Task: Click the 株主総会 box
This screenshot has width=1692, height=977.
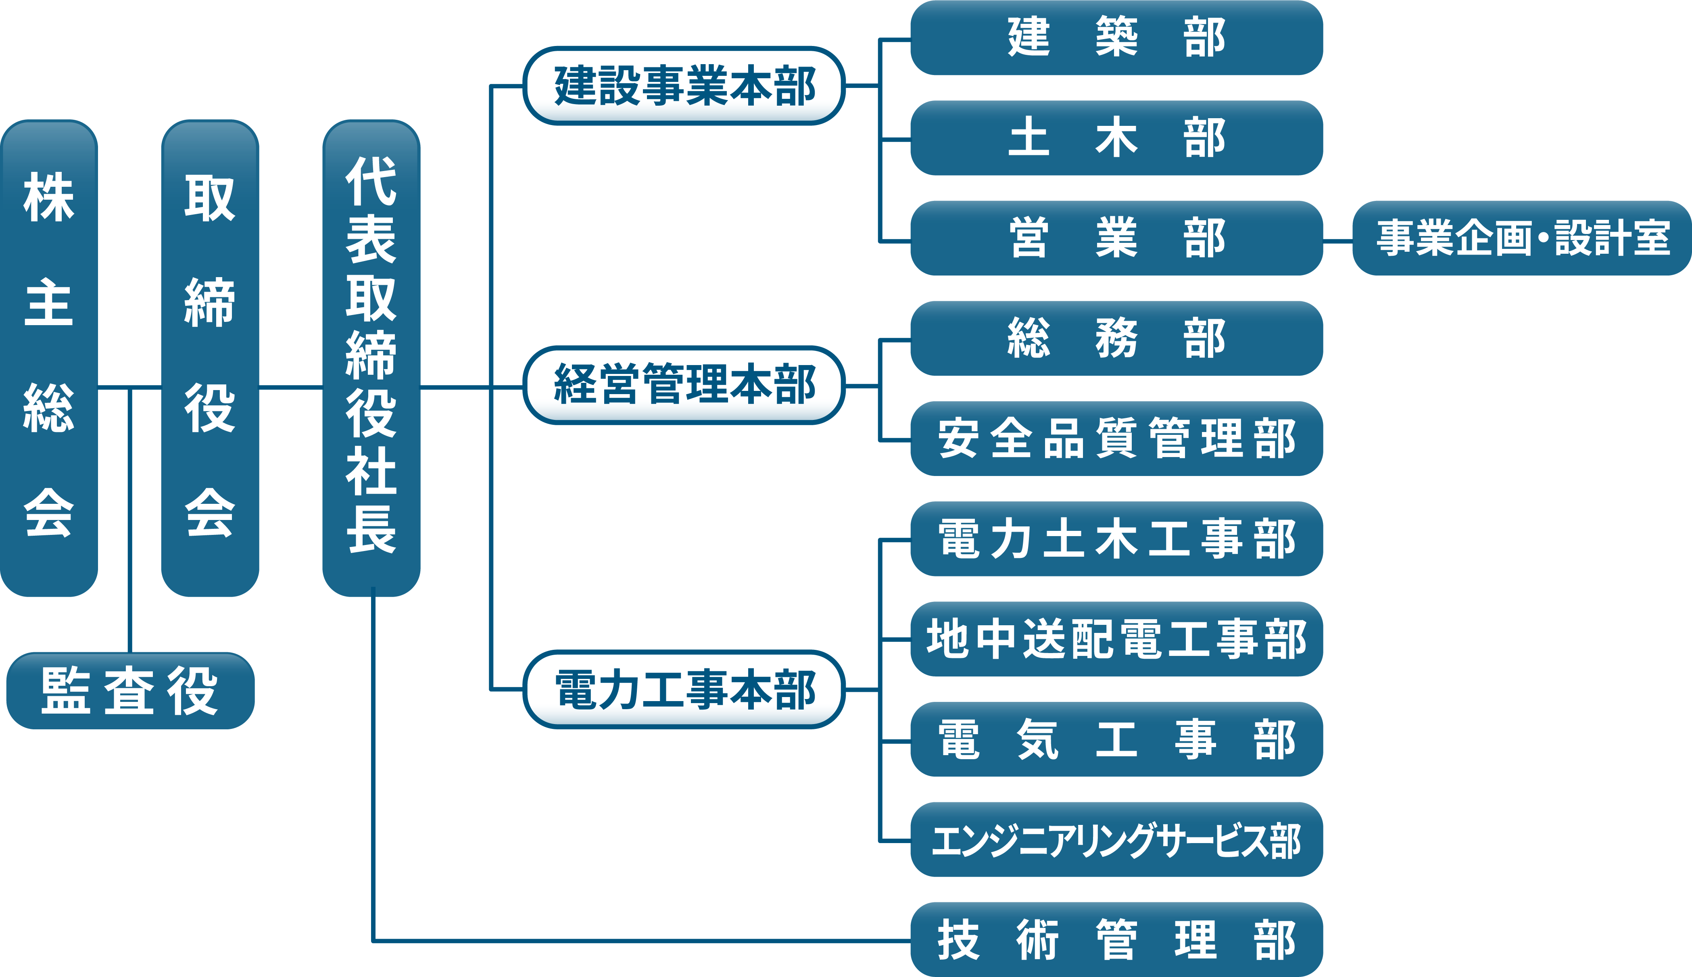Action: point(49,358)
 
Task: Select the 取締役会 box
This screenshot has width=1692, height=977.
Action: point(210,358)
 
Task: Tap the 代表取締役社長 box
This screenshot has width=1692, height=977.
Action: point(371,358)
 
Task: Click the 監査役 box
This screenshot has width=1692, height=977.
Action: point(130,691)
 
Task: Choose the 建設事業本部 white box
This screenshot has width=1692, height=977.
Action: point(684,86)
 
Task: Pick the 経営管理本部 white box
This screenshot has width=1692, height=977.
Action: point(684,385)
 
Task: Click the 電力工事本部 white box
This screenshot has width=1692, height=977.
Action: point(684,689)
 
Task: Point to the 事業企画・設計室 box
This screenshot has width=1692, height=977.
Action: point(1522,238)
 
